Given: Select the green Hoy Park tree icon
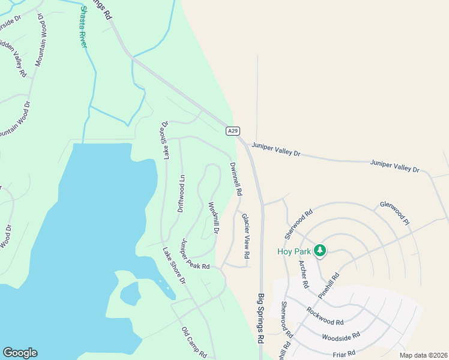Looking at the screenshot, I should pyautogui.click(x=320, y=250).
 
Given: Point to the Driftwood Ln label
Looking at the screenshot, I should pyautogui.click(x=181, y=193).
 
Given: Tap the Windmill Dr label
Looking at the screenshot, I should pyautogui.click(x=213, y=217).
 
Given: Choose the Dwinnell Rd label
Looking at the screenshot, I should pyautogui.click(x=235, y=179).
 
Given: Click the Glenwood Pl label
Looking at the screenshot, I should pyautogui.click(x=394, y=213).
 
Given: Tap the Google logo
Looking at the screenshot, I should pyautogui.click(x=20, y=353).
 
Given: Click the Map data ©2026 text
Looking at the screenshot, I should pyautogui.click(x=423, y=355).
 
